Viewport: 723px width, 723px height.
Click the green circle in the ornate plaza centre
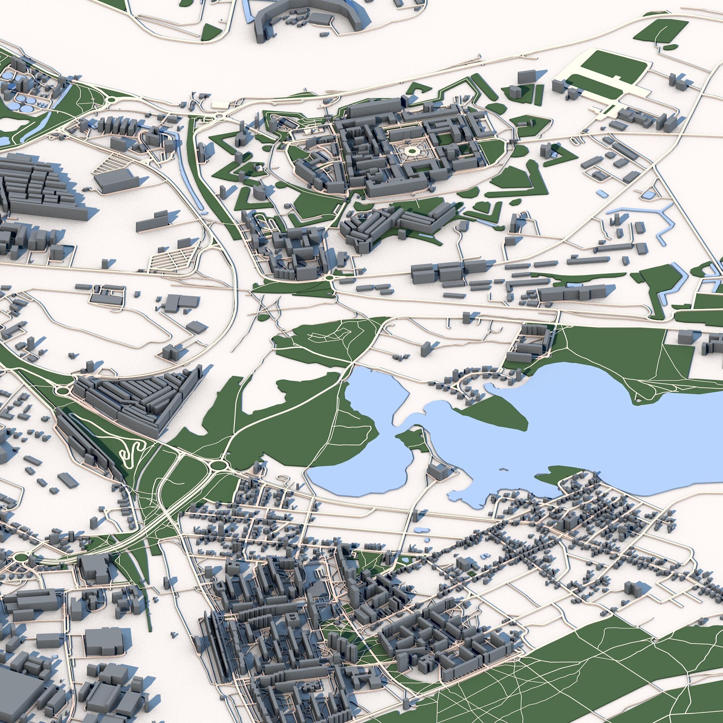[412, 151]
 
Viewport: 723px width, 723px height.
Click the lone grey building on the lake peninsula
[436, 471]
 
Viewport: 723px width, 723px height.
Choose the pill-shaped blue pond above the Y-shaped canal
[602, 193]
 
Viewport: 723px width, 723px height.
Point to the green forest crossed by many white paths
[580, 673]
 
